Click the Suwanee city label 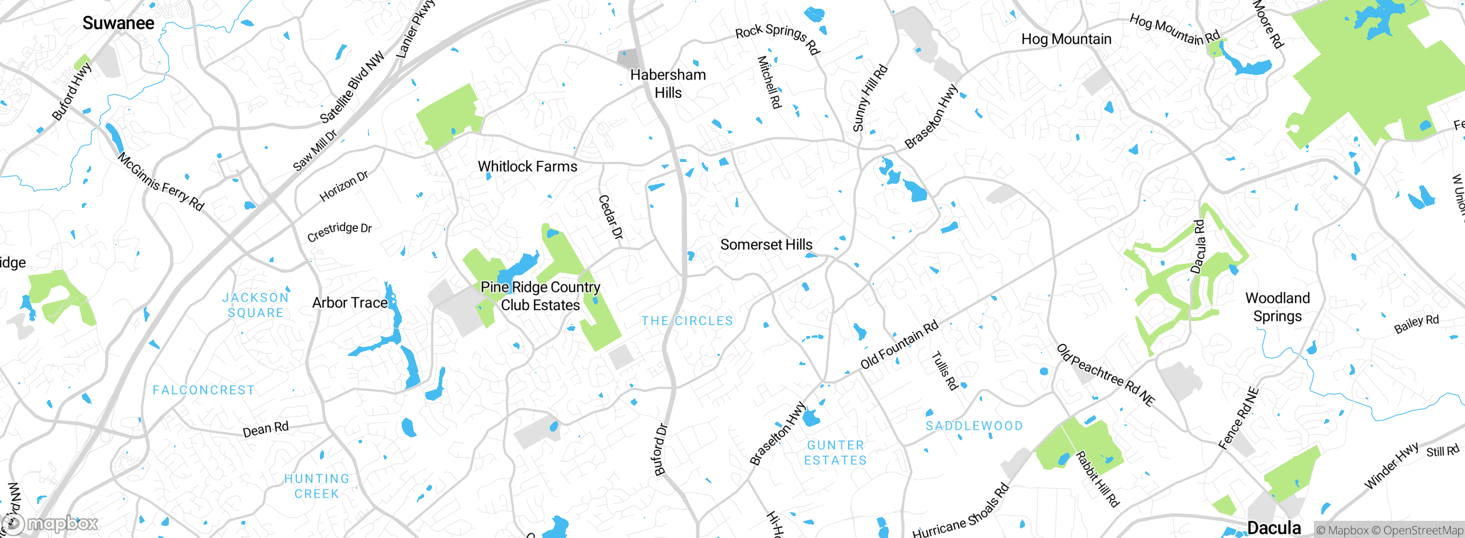pos(118,23)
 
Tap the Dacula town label pos(1274,528)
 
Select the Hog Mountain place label pos(1066,39)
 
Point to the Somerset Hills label pos(766,245)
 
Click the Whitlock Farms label pos(527,167)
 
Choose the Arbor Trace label pos(350,303)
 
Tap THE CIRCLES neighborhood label pos(687,321)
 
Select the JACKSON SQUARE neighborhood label pos(255,305)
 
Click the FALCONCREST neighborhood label pos(203,390)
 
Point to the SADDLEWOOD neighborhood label pos(974,426)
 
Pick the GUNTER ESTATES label pos(835,453)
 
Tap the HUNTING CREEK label pos(316,486)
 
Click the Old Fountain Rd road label pos(899,345)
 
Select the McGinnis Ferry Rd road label pos(161,181)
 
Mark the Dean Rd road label pos(266,429)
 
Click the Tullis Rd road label pos(944,371)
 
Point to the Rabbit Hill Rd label pos(1097,479)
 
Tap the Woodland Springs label pos(1277,307)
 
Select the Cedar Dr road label pos(610,217)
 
